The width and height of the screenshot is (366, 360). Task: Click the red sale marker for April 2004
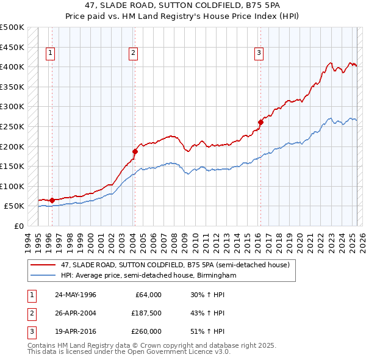tap(135, 150)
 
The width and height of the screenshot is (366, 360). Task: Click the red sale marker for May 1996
tap(52, 200)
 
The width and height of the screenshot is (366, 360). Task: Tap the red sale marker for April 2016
tap(260, 122)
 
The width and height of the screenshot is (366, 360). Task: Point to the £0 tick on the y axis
tap(20, 226)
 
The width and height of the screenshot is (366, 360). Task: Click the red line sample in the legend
tap(44, 265)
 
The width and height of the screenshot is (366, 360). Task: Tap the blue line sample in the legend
tap(44, 276)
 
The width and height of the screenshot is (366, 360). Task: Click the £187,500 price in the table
tap(147, 314)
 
